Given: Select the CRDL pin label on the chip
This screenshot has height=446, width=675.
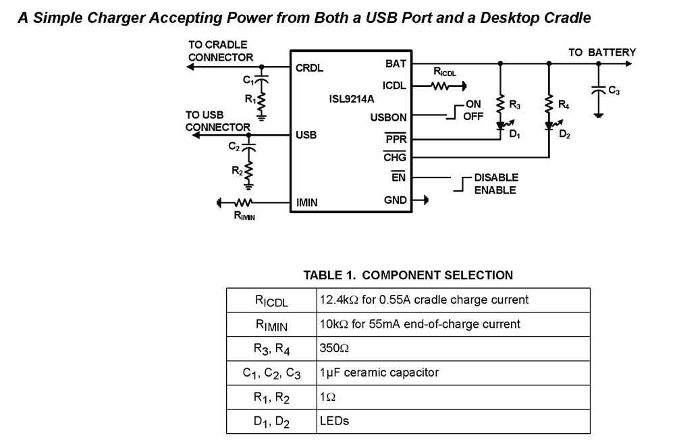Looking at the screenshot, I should coord(310,68).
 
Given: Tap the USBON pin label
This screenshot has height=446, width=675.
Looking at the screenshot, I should coord(388,117).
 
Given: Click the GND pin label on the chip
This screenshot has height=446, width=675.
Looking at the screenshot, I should coord(395,200).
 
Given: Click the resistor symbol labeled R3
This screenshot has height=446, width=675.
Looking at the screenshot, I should coord(500,105).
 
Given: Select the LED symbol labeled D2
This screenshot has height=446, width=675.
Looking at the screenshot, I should coord(549,126).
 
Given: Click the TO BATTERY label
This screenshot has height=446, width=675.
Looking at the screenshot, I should coord(601,53).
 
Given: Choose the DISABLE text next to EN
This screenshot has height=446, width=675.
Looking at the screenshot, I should coord(496,177).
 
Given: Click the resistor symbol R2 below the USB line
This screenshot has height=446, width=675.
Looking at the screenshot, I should coord(249,171).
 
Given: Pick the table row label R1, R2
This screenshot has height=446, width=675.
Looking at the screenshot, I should coord(271,397).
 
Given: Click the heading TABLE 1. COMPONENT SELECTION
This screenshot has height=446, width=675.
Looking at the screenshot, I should coord(408,275).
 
